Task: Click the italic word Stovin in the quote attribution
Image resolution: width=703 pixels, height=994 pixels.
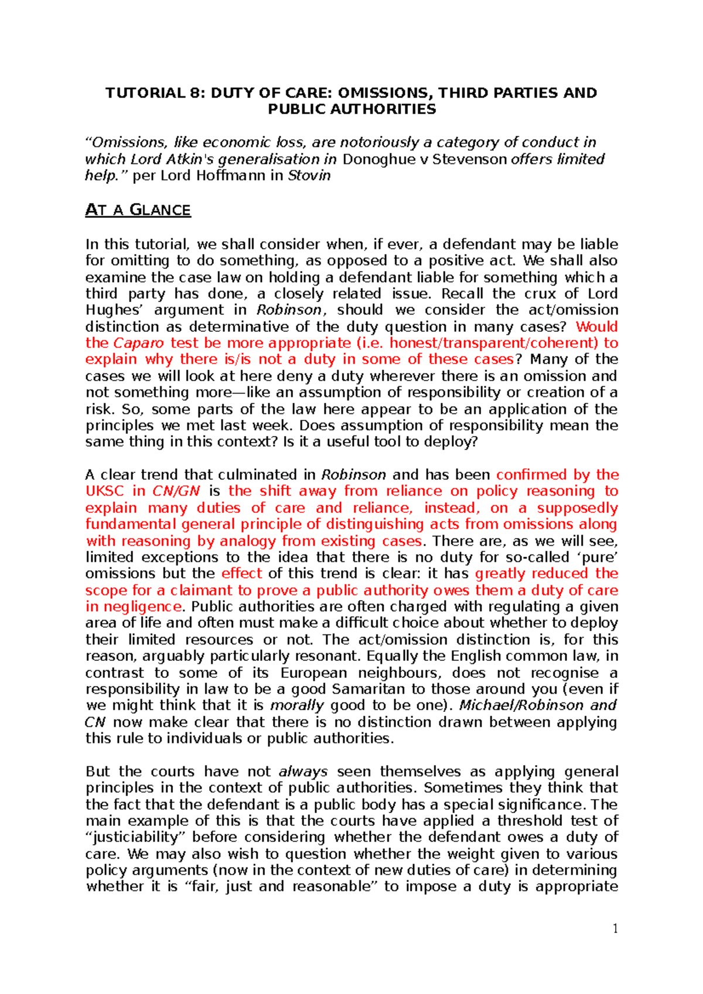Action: pos(309,176)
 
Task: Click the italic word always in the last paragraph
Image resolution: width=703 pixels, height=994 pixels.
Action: pos(303,772)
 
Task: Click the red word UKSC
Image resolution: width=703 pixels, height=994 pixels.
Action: pos(105,491)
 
